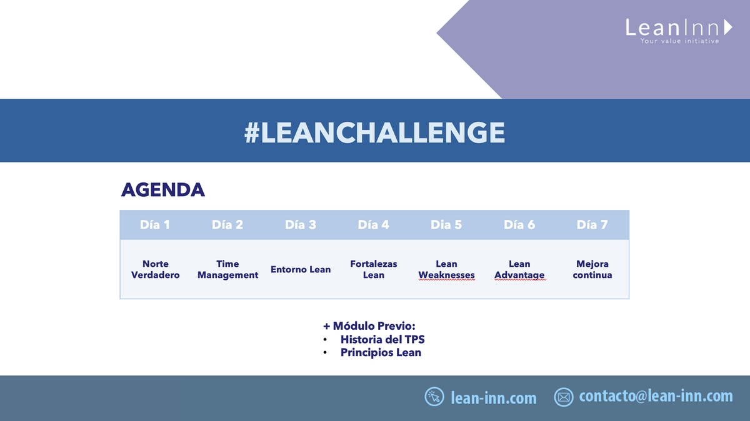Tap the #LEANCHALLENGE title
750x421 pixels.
pyautogui.click(x=375, y=132)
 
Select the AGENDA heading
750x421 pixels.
pyautogui.click(x=162, y=190)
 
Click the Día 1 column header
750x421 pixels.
pyautogui.click(x=155, y=225)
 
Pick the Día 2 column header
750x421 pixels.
pyautogui.click(x=227, y=225)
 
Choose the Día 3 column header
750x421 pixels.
pyautogui.click(x=301, y=225)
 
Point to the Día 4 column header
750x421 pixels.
pyautogui.click(x=374, y=225)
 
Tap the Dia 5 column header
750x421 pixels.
pyautogui.click(x=446, y=225)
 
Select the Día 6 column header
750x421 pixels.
pyautogui.click(x=519, y=225)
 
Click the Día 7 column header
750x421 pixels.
pyautogui.click(x=592, y=225)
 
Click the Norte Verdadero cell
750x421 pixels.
pyautogui.click(x=155, y=269)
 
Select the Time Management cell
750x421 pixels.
pyautogui.click(x=227, y=269)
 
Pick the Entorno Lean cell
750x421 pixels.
pyautogui.click(x=301, y=269)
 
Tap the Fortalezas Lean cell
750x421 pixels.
pyautogui.click(x=374, y=269)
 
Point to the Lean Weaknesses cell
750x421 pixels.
pyautogui.click(x=446, y=269)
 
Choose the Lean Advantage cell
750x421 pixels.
pyautogui.click(x=519, y=269)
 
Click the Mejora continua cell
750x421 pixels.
pyautogui.click(x=592, y=269)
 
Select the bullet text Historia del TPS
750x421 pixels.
pyautogui.click(x=382, y=339)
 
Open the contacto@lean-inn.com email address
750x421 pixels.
pyautogui.click(x=656, y=396)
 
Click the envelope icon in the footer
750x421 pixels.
pyautogui.click(x=564, y=397)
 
